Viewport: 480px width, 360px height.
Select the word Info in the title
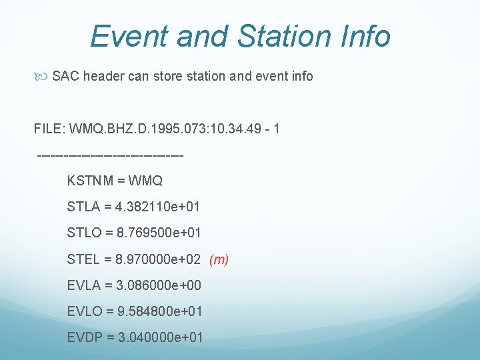[x=364, y=36]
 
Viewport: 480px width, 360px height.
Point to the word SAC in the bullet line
[x=65, y=76]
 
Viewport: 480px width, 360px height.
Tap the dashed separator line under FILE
[x=111, y=155]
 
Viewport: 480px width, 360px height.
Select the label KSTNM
[x=91, y=181]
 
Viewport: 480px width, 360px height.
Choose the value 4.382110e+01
[x=157, y=207]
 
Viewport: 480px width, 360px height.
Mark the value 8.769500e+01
[x=159, y=233]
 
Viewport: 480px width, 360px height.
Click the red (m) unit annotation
[x=219, y=259]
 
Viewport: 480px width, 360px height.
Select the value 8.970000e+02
[x=159, y=259]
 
